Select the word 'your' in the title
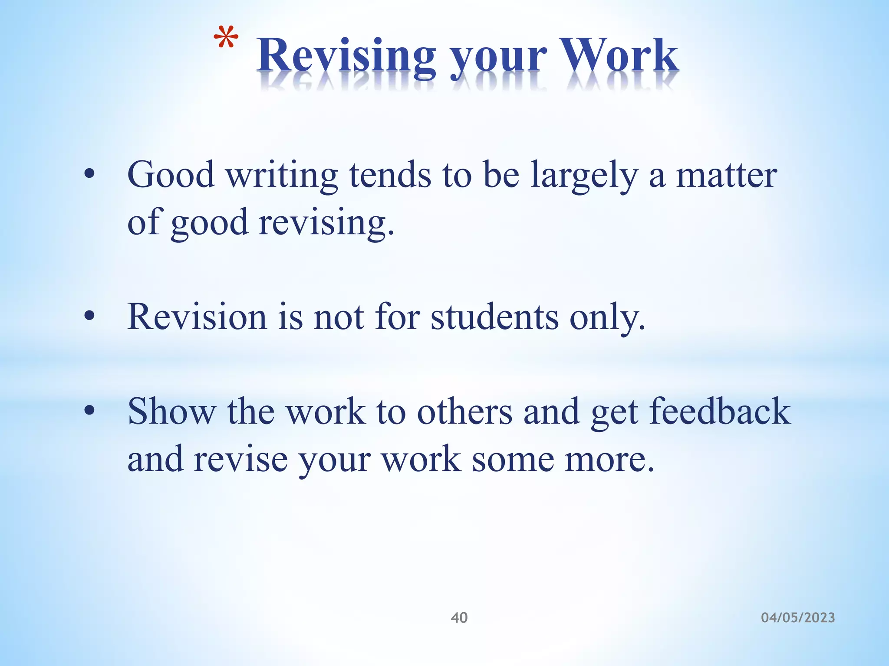(498, 61)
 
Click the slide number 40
(459, 617)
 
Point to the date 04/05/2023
(798, 617)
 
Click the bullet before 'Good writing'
(89, 175)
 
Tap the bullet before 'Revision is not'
(89, 317)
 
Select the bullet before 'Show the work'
(89, 411)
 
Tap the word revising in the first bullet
(326, 223)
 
